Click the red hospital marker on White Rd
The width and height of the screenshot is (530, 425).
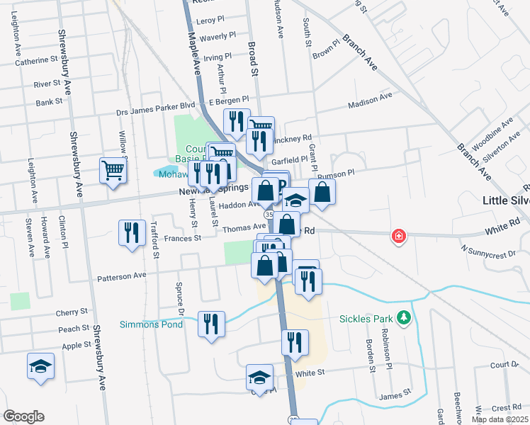coord(400,236)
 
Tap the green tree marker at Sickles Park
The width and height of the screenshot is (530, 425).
coord(405,317)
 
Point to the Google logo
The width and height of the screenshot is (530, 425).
coord(23,416)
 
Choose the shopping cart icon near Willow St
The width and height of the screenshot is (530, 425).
coord(113,170)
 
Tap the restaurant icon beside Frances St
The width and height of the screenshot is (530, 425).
coord(131,232)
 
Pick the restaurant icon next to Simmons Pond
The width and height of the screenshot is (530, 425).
coord(212,324)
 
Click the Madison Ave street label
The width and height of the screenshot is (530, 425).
coord(369,101)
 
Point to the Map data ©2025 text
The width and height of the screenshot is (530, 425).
coord(499,419)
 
